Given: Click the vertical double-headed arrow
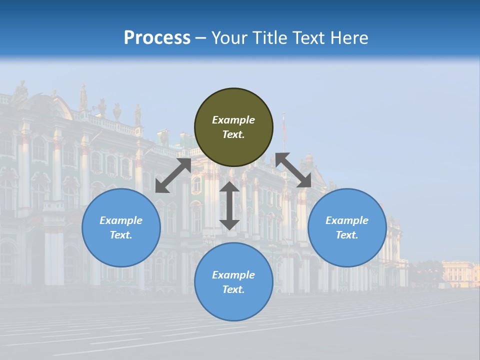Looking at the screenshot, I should coord(229,205).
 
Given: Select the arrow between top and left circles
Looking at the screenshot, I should coord(173,175).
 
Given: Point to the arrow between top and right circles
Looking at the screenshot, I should coord(293,170).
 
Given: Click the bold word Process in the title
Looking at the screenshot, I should coord(157,38).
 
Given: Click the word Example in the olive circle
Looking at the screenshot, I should coord(233,120).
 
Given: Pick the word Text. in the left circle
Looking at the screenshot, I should coord(121,235).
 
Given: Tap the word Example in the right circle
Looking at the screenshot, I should coord(347,220).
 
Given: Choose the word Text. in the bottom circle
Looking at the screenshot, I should coord(233,289).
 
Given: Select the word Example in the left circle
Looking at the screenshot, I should coord(121,220).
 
